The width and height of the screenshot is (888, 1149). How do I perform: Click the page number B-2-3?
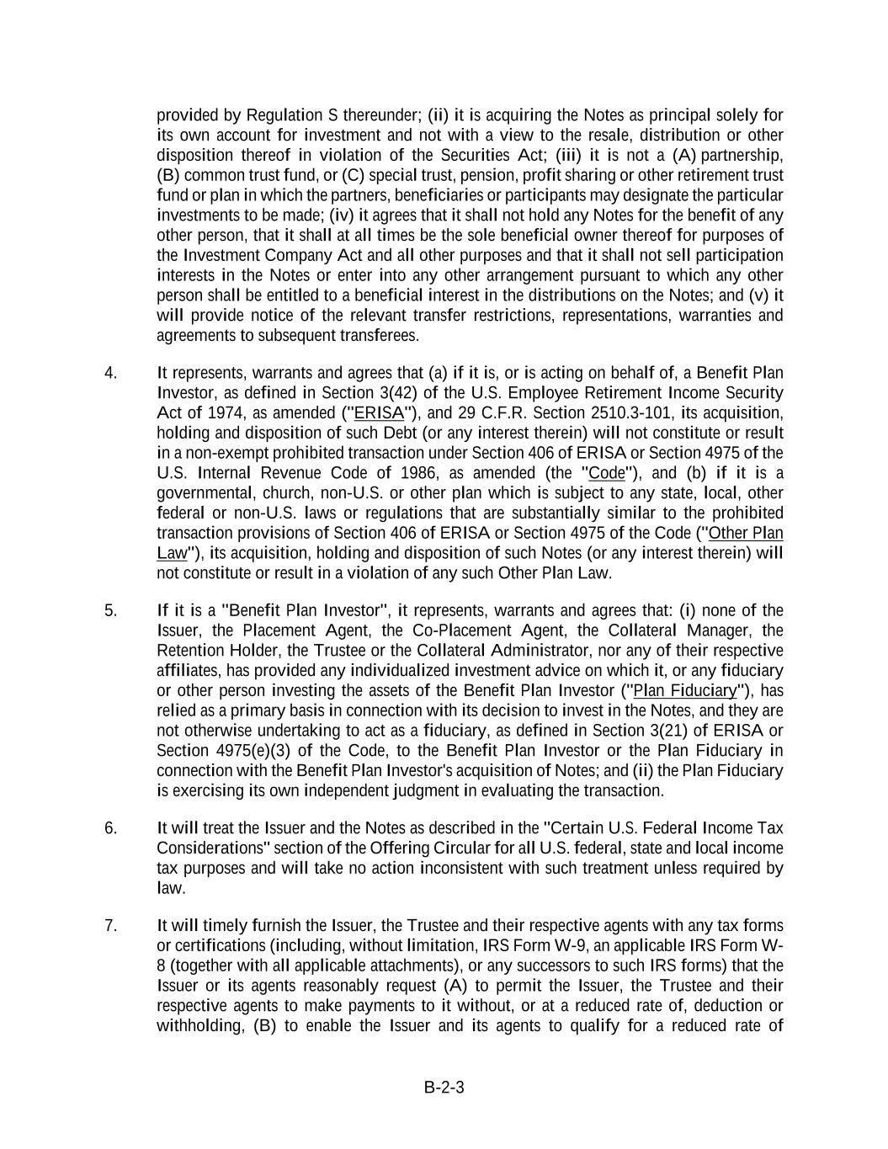[x=444, y=1087]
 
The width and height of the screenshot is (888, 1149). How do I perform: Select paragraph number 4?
[x=110, y=373]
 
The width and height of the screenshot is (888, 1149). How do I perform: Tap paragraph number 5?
[x=110, y=611]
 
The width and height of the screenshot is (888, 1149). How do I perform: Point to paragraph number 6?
[x=110, y=828]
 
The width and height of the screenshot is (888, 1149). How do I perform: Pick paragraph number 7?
[x=110, y=926]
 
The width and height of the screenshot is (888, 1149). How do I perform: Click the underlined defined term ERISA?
[x=380, y=413]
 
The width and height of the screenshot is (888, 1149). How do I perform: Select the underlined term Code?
[x=607, y=473]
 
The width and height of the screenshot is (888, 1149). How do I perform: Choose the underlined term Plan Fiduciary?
[x=685, y=691]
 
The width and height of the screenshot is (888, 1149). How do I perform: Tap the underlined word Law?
[x=171, y=553]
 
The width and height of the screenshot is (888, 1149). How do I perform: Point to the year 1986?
[x=417, y=473]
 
